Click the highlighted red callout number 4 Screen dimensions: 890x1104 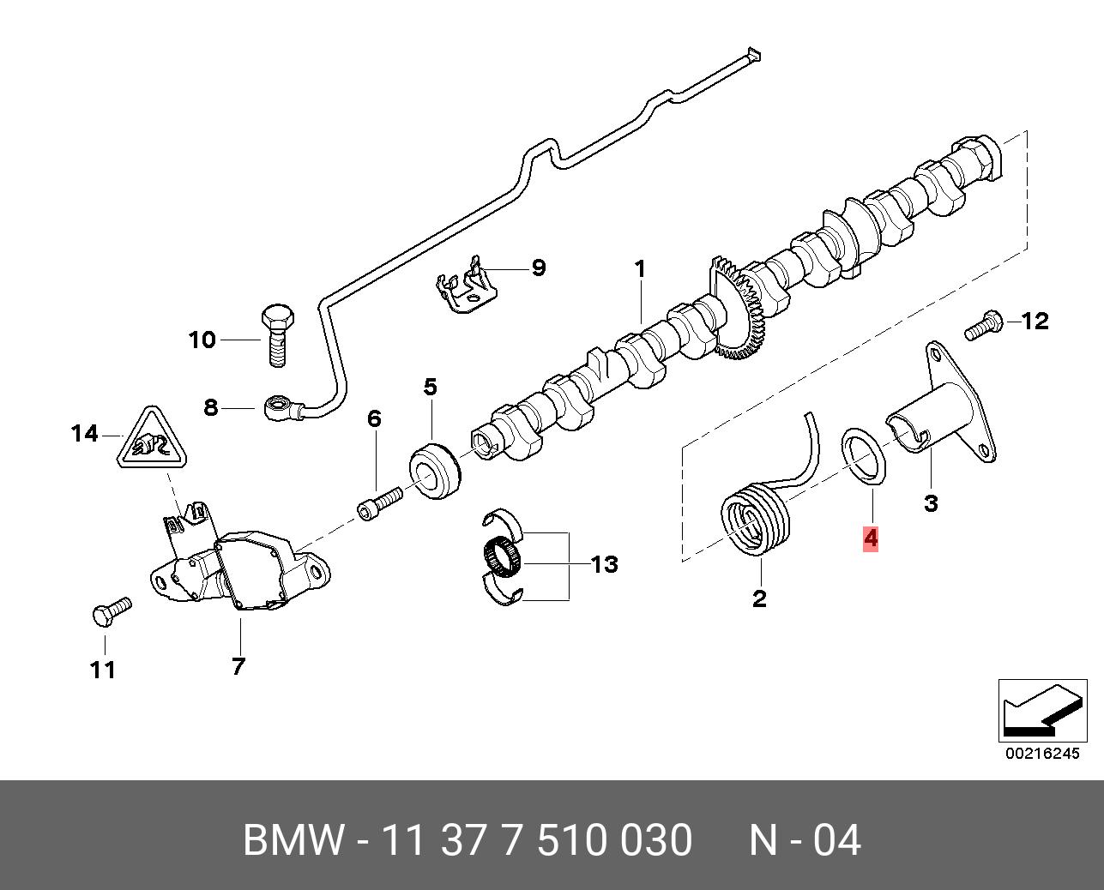[x=871, y=539]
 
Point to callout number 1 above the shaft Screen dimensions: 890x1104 [x=639, y=269]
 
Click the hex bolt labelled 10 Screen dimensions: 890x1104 [x=276, y=334]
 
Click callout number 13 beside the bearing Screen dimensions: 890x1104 [x=604, y=565]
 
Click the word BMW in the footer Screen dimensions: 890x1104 [x=293, y=840]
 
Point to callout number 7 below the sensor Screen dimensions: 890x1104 [x=238, y=665]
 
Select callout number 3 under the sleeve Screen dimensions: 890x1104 [x=931, y=503]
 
